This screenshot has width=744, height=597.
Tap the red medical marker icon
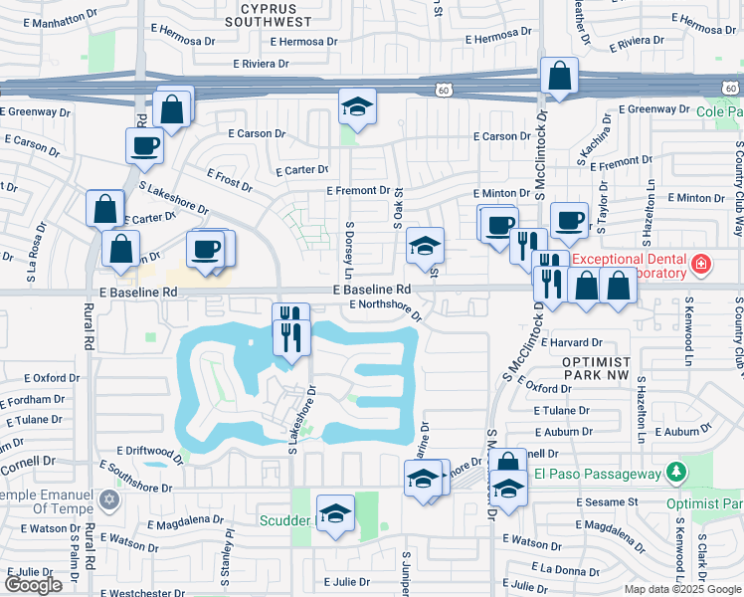701,264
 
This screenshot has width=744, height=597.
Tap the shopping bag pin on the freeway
560,78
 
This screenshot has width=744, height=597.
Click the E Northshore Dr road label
386,309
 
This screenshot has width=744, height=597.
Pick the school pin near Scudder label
336,515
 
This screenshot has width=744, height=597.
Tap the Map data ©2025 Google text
681,589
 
